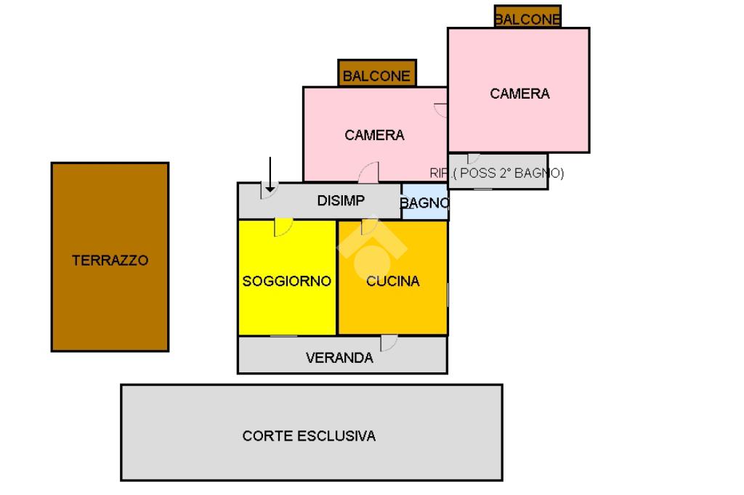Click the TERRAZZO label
[x=110, y=260]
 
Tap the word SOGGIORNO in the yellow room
[x=287, y=281]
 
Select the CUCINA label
[x=392, y=281]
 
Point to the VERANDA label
[x=339, y=357]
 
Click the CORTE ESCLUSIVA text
[x=309, y=435]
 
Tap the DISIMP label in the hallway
[x=341, y=201]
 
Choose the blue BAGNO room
[x=425, y=203]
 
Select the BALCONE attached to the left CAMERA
[x=376, y=75]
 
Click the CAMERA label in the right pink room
[x=519, y=94]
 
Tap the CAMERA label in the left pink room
[x=374, y=135]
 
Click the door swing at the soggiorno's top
[x=283, y=227]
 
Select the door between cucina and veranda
[x=388, y=343]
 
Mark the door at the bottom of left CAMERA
[x=368, y=173]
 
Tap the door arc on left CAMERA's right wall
[x=440, y=110]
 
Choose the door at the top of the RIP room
[x=473, y=158]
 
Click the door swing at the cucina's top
[x=369, y=227]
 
